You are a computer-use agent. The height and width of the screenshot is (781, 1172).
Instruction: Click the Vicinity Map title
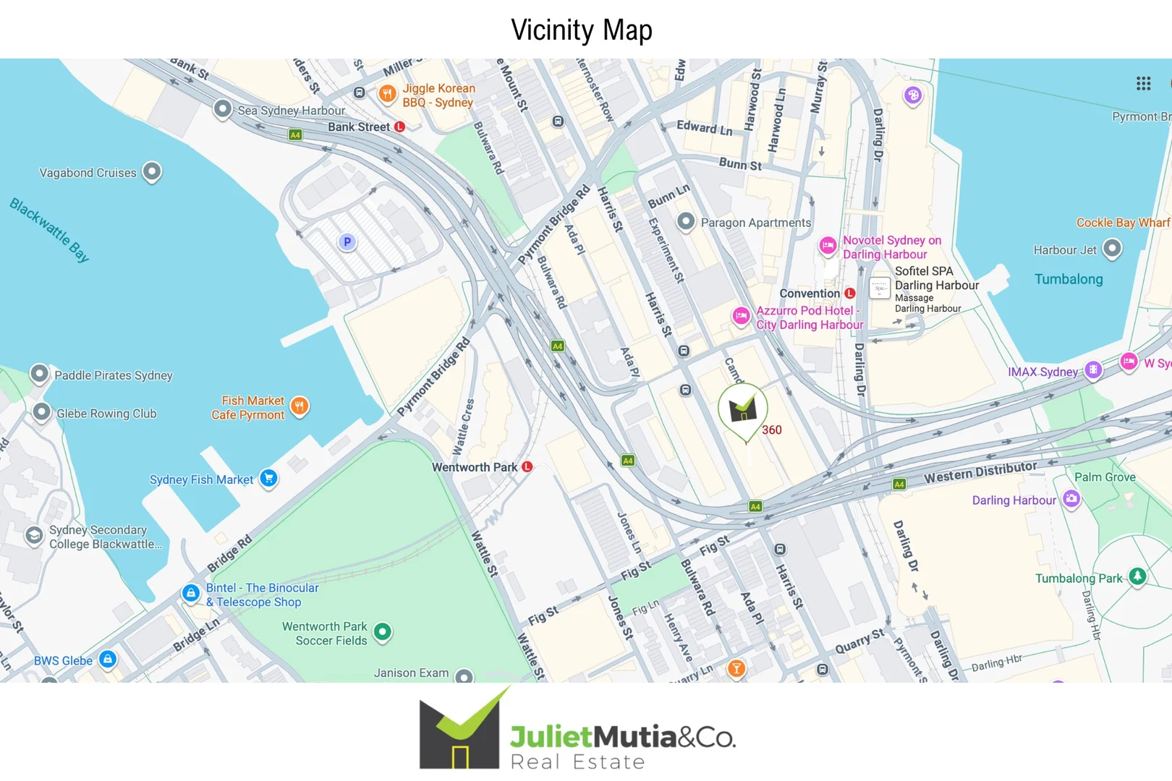(x=582, y=30)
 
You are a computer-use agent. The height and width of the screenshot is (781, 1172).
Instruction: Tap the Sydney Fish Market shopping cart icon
(x=268, y=478)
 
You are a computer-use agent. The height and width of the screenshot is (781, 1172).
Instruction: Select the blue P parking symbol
(x=347, y=242)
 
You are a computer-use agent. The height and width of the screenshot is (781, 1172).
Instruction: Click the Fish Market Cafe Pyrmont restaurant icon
(x=299, y=406)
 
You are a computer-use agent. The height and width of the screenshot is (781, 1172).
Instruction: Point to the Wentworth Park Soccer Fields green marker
(x=383, y=631)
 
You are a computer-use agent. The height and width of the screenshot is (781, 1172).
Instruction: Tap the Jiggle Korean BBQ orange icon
(x=388, y=93)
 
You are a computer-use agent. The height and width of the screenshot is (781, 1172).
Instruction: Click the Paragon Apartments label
(x=755, y=223)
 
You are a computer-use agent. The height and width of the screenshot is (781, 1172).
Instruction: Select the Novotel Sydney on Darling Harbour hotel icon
(x=828, y=246)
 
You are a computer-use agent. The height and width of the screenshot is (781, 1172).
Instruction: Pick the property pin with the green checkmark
(x=742, y=409)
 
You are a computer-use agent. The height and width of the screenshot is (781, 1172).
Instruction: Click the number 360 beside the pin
(x=772, y=430)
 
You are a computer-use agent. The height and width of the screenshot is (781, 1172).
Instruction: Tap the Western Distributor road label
(x=980, y=471)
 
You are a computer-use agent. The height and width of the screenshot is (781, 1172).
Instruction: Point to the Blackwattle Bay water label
(x=49, y=229)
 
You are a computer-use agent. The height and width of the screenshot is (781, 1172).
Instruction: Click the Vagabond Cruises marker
(x=152, y=171)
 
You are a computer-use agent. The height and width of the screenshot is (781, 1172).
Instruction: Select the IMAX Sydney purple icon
(x=1093, y=370)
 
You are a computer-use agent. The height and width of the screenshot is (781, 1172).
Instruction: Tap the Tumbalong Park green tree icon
(x=1138, y=576)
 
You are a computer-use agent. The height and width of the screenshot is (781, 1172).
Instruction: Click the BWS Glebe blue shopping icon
(x=108, y=658)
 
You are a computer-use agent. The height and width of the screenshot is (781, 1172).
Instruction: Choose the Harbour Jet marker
(x=1112, y=249)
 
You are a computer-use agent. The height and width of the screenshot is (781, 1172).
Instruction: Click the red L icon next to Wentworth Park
(x=527, y=466)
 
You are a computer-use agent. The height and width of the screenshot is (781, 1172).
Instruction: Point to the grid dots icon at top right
(x=1143, y=84)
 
